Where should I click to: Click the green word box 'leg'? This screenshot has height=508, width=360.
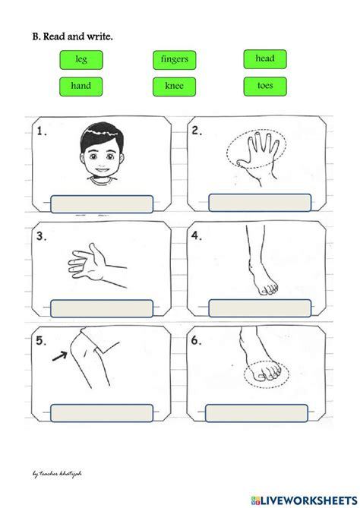[x=81, y=58]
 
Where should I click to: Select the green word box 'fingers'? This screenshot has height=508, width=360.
[x=174, y=58]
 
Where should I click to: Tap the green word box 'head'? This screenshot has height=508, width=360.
[x=265, y=58]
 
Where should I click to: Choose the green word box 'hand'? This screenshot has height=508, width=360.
[x=81, y=86]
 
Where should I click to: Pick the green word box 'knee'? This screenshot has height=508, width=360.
[x=174, y=86]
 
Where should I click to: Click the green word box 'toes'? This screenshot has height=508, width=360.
[x=265, y=86]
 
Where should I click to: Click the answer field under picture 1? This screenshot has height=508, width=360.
[x=100, y=204]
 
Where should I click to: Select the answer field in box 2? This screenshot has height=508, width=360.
[x=259, y=202]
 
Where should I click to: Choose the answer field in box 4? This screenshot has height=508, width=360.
[x=259, y=308]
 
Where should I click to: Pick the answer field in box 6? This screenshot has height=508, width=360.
[x=257, y=413]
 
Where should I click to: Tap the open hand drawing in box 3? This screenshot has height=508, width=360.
[x=95, y=263]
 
